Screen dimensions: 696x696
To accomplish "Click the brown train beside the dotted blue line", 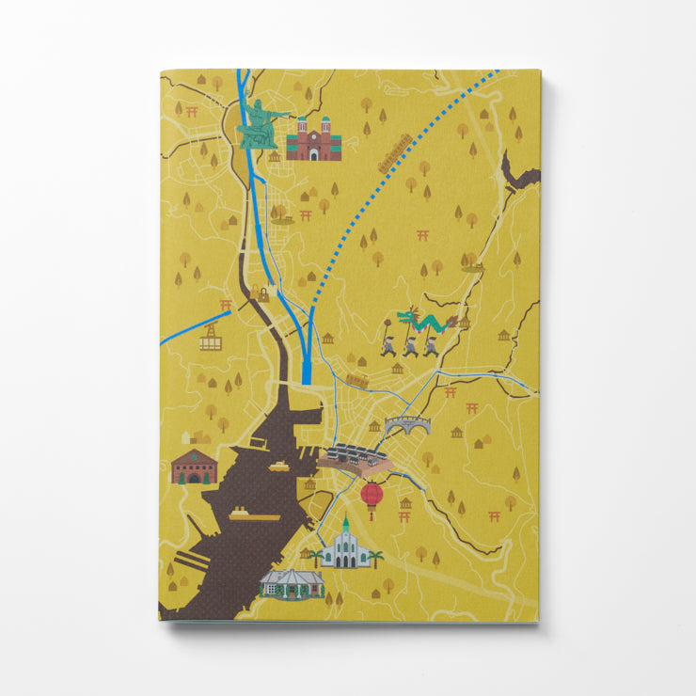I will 395,153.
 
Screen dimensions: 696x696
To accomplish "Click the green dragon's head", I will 403,315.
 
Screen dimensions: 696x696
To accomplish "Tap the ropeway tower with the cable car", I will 210,337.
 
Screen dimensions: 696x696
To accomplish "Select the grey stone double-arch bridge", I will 406,425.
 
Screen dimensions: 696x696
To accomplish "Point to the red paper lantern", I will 372,495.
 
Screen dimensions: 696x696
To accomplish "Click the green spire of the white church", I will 345,524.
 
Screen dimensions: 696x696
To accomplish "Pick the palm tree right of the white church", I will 376,557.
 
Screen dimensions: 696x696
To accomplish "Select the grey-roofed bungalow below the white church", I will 292,583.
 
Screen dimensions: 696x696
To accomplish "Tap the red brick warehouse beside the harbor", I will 194,467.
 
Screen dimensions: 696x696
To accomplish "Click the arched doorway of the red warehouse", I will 194,478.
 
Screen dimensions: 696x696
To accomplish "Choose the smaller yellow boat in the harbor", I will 279,466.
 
